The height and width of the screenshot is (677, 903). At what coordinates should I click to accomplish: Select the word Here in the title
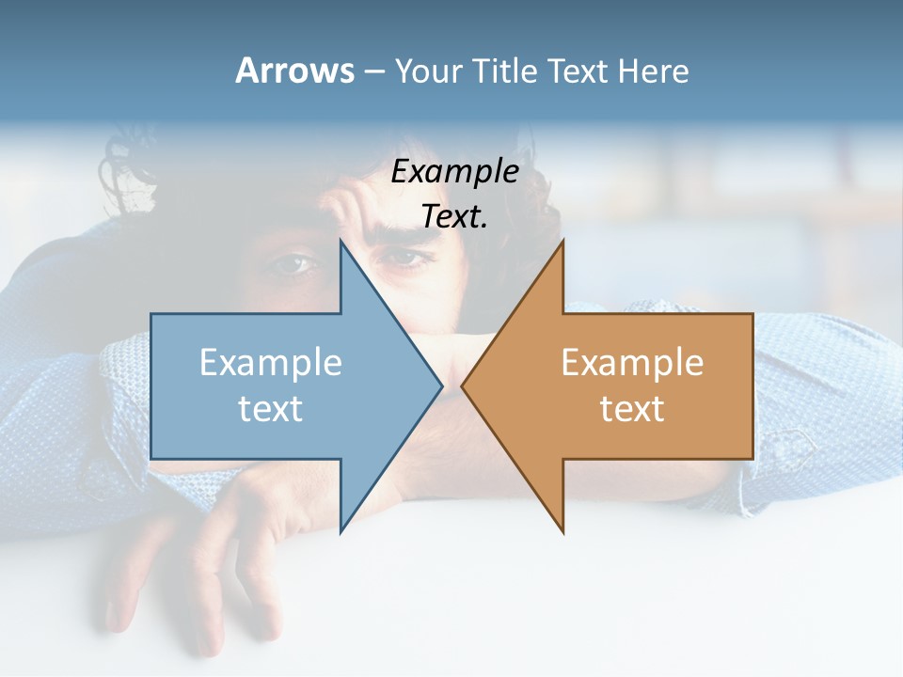(x=653, y=71)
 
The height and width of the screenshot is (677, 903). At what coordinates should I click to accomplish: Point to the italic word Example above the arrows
(x=454, y=171)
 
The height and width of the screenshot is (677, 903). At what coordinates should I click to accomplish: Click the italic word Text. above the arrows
(x=454, y=216)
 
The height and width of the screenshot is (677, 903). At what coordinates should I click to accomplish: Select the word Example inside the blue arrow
(x=271, y=362)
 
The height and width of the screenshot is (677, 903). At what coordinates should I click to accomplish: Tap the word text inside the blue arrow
(x=271, y=408)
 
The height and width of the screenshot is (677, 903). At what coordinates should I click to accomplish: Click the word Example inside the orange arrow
(x=632, y=362)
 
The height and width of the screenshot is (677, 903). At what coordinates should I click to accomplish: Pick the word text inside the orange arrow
(x=632, y=408)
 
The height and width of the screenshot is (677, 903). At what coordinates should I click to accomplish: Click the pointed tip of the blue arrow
(x=441, y=386)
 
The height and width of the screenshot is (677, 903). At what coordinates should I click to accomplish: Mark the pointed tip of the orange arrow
(x=462, y=386)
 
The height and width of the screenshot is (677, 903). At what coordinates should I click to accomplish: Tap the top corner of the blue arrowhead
(x=341, y=241)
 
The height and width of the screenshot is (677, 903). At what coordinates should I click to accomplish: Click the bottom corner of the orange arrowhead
(x=562, y=532)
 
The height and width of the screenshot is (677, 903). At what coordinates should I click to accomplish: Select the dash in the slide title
(x=373, y=71)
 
